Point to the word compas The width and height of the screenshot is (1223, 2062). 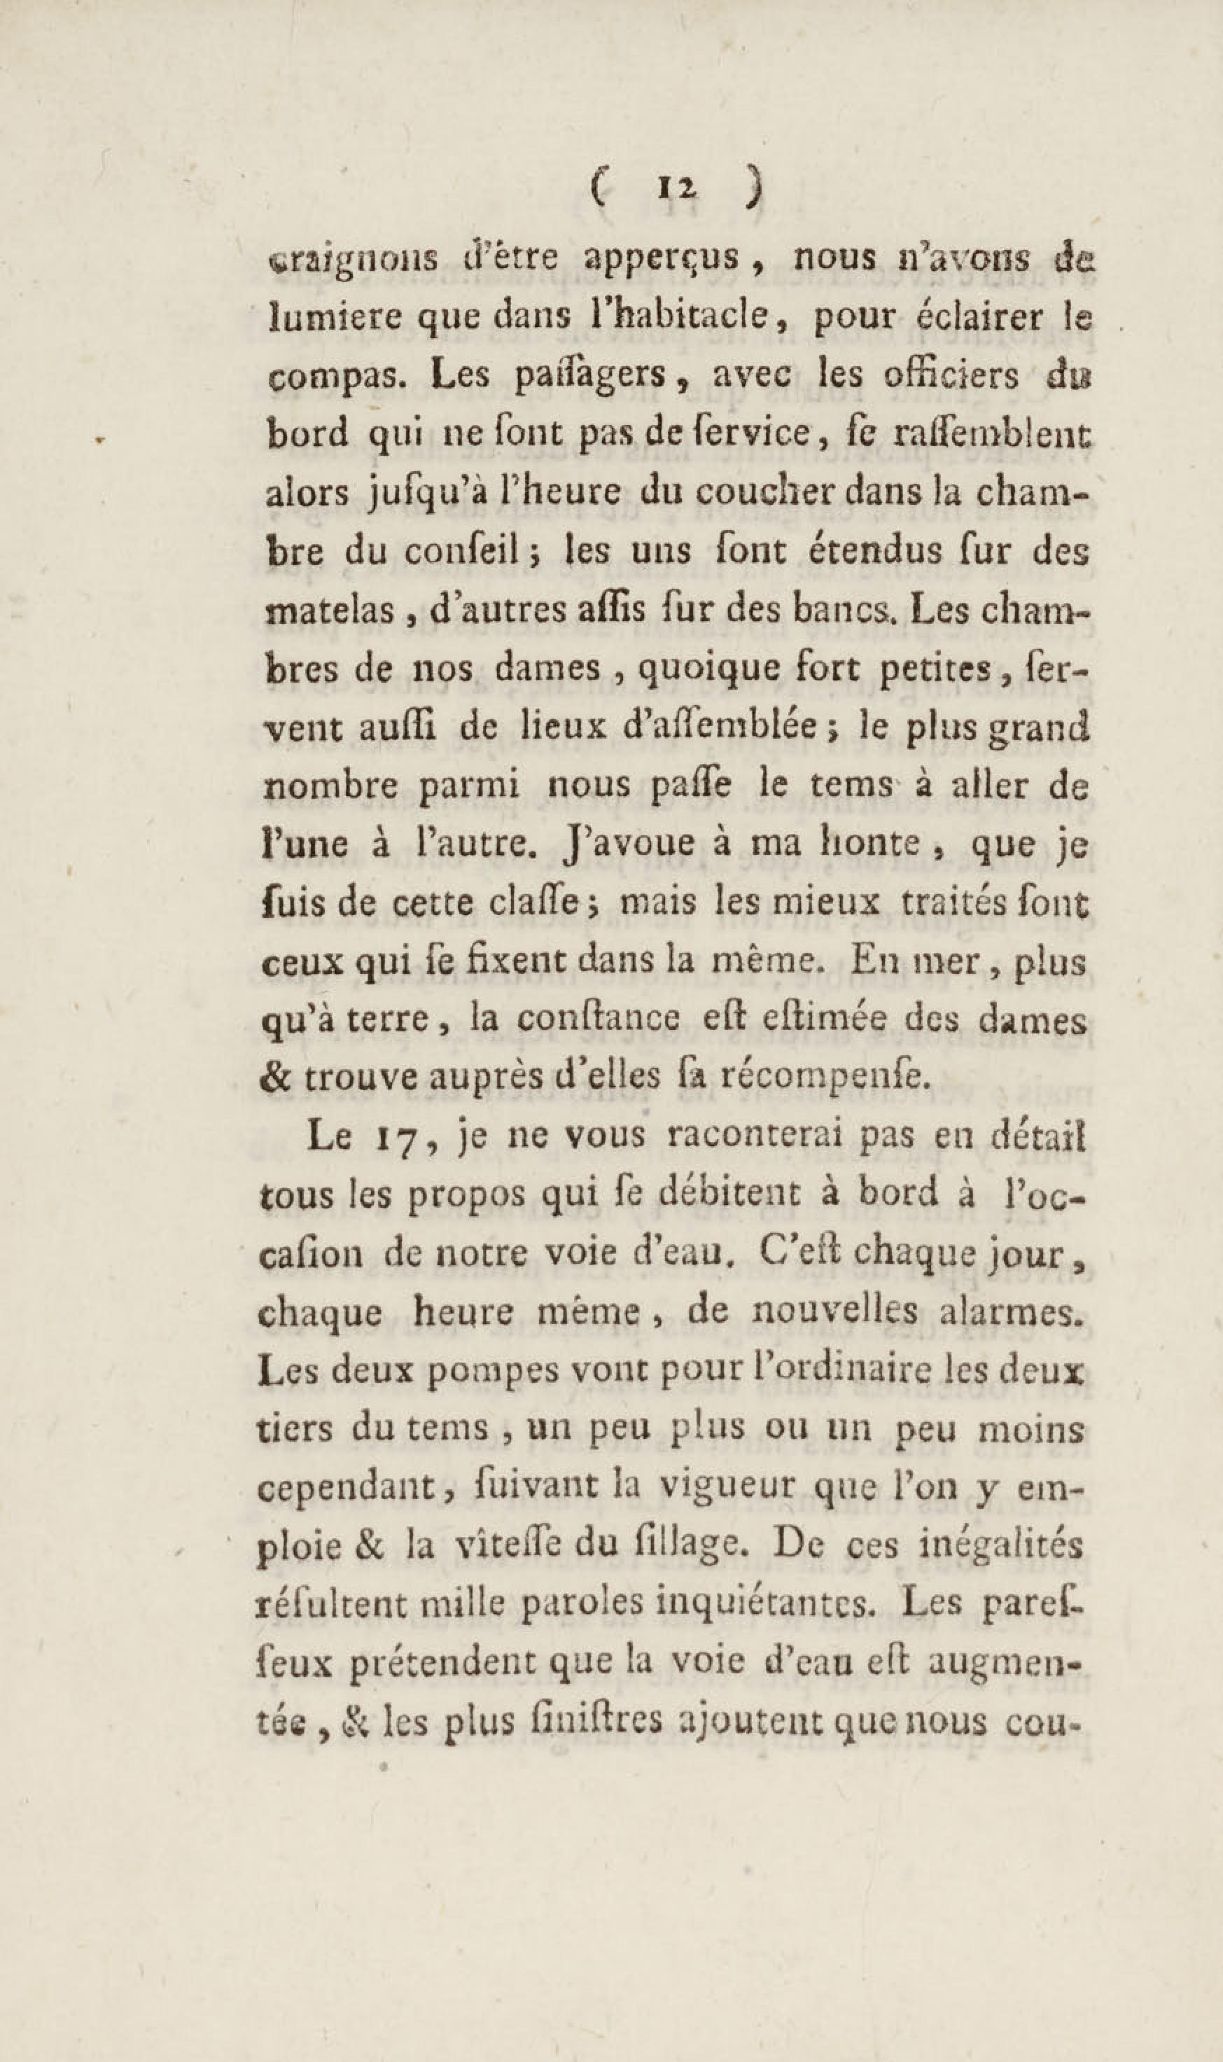click(x=324, y=377)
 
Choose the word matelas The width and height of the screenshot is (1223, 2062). click(x=324, y=611)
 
